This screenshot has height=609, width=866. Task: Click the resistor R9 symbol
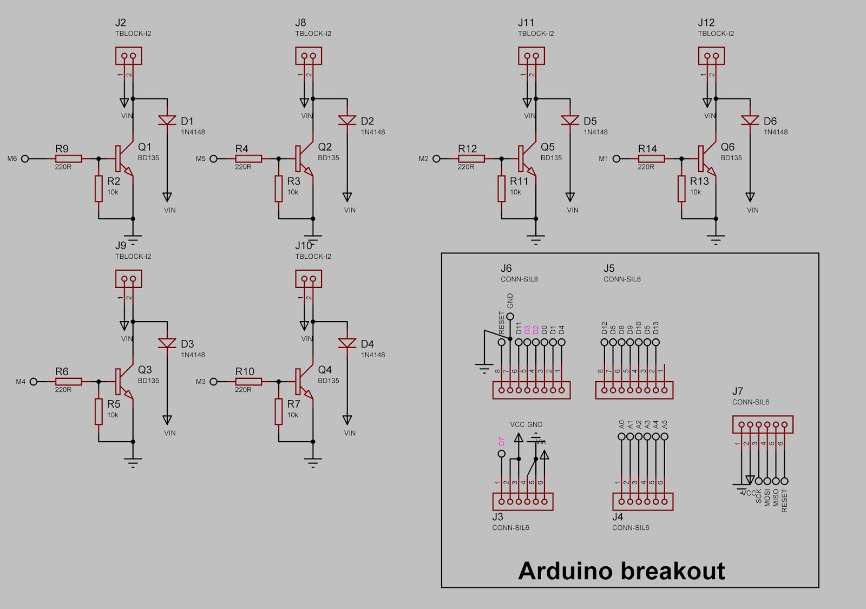coord(68,159)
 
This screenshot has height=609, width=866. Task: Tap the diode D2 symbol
coord(347,120)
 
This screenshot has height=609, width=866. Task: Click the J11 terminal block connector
coord(531,56)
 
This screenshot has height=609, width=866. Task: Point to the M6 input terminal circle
coord(25,159)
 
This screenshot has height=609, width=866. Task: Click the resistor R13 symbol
coord(681,188)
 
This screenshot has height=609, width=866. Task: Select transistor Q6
coord(707,158)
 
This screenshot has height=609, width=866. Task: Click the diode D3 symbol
coord(167,343)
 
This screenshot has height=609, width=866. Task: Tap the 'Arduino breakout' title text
coord(621,571)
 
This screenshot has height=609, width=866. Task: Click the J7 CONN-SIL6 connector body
coord(763,425)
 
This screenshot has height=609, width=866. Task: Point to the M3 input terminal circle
coord(214,382)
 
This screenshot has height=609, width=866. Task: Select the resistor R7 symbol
coord(279,411)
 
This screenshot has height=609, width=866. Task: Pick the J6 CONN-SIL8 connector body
coord(531,390)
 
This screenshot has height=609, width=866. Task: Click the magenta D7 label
coord(501,441)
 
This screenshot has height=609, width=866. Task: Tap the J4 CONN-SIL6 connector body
coord(642,501)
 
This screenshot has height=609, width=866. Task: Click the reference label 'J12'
coord(706,23)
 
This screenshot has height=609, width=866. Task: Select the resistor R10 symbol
coord(248,382)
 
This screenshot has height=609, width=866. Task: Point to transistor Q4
coord(304,381)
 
